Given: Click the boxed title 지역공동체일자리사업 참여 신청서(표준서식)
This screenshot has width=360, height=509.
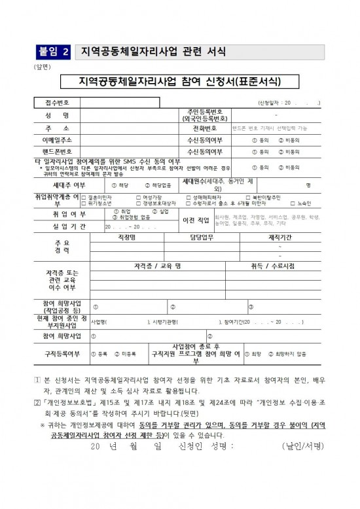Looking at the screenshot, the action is (x=179, y=82).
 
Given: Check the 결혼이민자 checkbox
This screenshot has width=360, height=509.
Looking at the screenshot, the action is (x=82, y=196).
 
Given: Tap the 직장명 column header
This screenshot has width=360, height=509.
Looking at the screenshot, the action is (x=126, y=238).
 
